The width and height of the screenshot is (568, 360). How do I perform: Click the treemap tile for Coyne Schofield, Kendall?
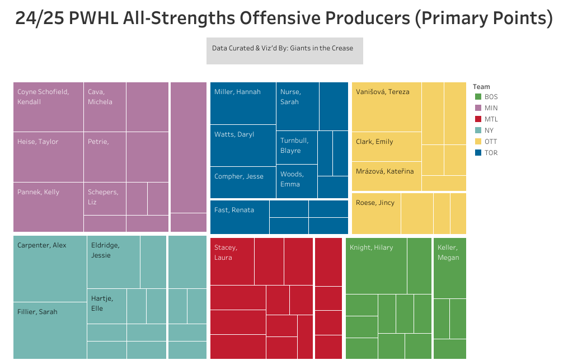(x=48, y=107)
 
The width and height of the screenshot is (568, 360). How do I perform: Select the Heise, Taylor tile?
(x=48, y=157)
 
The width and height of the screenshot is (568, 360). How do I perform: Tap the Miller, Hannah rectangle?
(x=243, y=103)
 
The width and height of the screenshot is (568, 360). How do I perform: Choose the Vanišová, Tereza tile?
(x=387, y=107)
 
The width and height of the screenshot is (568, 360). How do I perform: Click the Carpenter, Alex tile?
(x=50, y=269)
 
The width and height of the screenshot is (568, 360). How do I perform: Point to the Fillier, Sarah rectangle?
(x=50, y=330)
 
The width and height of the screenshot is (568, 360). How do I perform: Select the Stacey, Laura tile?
(x=232, y=261)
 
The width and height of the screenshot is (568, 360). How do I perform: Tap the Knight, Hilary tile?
(x=376, y=265)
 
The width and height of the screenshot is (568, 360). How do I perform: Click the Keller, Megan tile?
(x=450, y=268)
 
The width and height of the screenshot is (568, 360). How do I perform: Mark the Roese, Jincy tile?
(x=376, y=213)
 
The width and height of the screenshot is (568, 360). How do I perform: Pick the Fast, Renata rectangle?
(x=240, y=217)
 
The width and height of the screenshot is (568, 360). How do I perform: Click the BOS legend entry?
(x=486, y=97)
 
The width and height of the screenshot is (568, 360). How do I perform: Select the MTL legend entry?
(x=486, y=119)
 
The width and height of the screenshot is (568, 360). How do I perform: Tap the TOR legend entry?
(x=486, y=153)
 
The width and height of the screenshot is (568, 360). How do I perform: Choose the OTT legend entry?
(x=486, y=142)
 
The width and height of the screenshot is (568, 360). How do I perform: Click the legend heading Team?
(x=481, y=87)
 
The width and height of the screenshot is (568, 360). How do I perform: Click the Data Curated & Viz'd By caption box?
(x=284, y=50)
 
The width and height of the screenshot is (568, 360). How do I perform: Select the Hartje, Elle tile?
(x=106, y=306)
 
